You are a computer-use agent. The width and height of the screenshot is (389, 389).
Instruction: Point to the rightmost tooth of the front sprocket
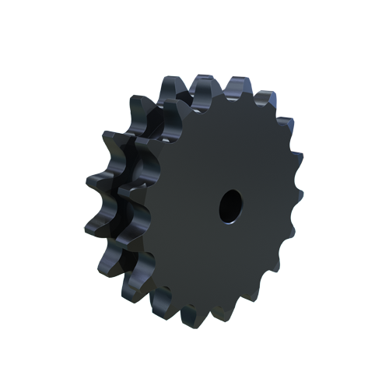click(296, 204)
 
